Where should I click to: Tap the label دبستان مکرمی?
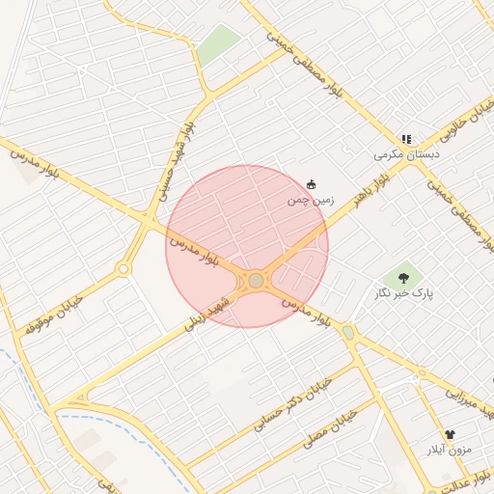click(x=407, y=154)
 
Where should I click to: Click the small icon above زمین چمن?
click(x=311, y=184)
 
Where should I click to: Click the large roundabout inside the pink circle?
click(x=256, y=281)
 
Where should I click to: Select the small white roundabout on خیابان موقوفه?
click(x=123, y=268)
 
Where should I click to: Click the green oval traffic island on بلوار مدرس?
click(x=348, y=332)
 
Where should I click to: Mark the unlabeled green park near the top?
click(x=218, y=44)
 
